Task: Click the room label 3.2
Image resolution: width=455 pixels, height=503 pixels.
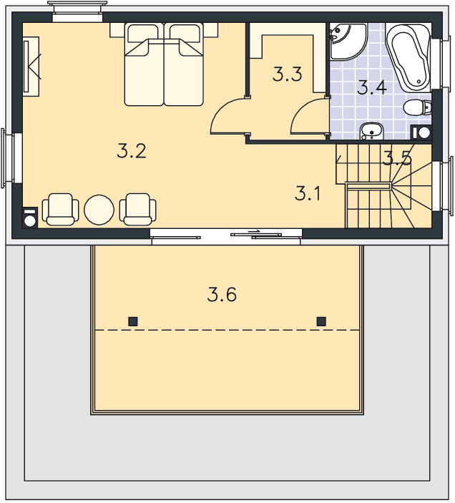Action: (132, 151)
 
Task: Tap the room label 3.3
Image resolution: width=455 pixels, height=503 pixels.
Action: (287, 74)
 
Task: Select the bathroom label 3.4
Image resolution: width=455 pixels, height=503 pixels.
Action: (371, 87)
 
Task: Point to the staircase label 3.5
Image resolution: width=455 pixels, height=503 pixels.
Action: (397, 158)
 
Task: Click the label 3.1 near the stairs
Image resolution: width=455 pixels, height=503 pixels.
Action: (308, 193)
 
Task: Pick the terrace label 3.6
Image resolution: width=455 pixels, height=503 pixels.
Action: (222, 295)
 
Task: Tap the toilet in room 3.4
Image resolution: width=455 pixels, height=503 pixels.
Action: (417, 107)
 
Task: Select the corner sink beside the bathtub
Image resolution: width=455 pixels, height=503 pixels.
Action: (348, 41)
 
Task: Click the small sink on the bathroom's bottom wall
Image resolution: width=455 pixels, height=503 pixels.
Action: (371, 132)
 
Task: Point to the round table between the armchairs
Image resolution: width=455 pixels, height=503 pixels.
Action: (99, 210)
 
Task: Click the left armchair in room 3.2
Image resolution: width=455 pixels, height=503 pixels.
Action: (60, 209)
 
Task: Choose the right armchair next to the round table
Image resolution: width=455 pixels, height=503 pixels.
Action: (138, 209)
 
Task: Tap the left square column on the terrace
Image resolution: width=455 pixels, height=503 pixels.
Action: (133, 321)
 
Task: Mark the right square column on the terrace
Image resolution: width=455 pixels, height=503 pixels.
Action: (321, 321)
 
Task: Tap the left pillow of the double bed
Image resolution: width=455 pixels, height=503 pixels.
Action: (143, 33)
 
